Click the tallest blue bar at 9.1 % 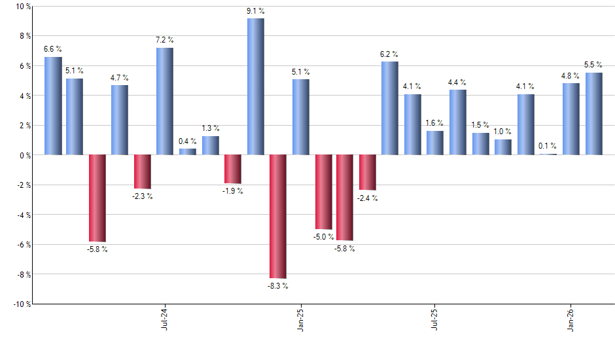pos(256,86)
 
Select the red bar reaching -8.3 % pos(278,217)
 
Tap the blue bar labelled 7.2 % pos(165,101)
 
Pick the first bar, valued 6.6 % pos(53,106)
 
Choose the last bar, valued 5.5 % pos(594,114)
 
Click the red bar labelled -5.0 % pos(323,192)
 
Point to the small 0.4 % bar pos(188,152)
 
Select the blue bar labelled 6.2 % pos(390,108)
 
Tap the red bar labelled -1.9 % pos(233,170)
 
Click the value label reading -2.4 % pos(367,198)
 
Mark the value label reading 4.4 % pos(457,82)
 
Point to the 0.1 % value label pos(548,146)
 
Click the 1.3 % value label pos(211,128)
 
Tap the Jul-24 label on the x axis pos(164,318)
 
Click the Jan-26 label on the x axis pos(571,318)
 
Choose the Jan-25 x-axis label pos(300,318)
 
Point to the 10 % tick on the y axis pos(22,7)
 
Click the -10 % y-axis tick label pos(21,304)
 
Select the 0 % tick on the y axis pos(24,155)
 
